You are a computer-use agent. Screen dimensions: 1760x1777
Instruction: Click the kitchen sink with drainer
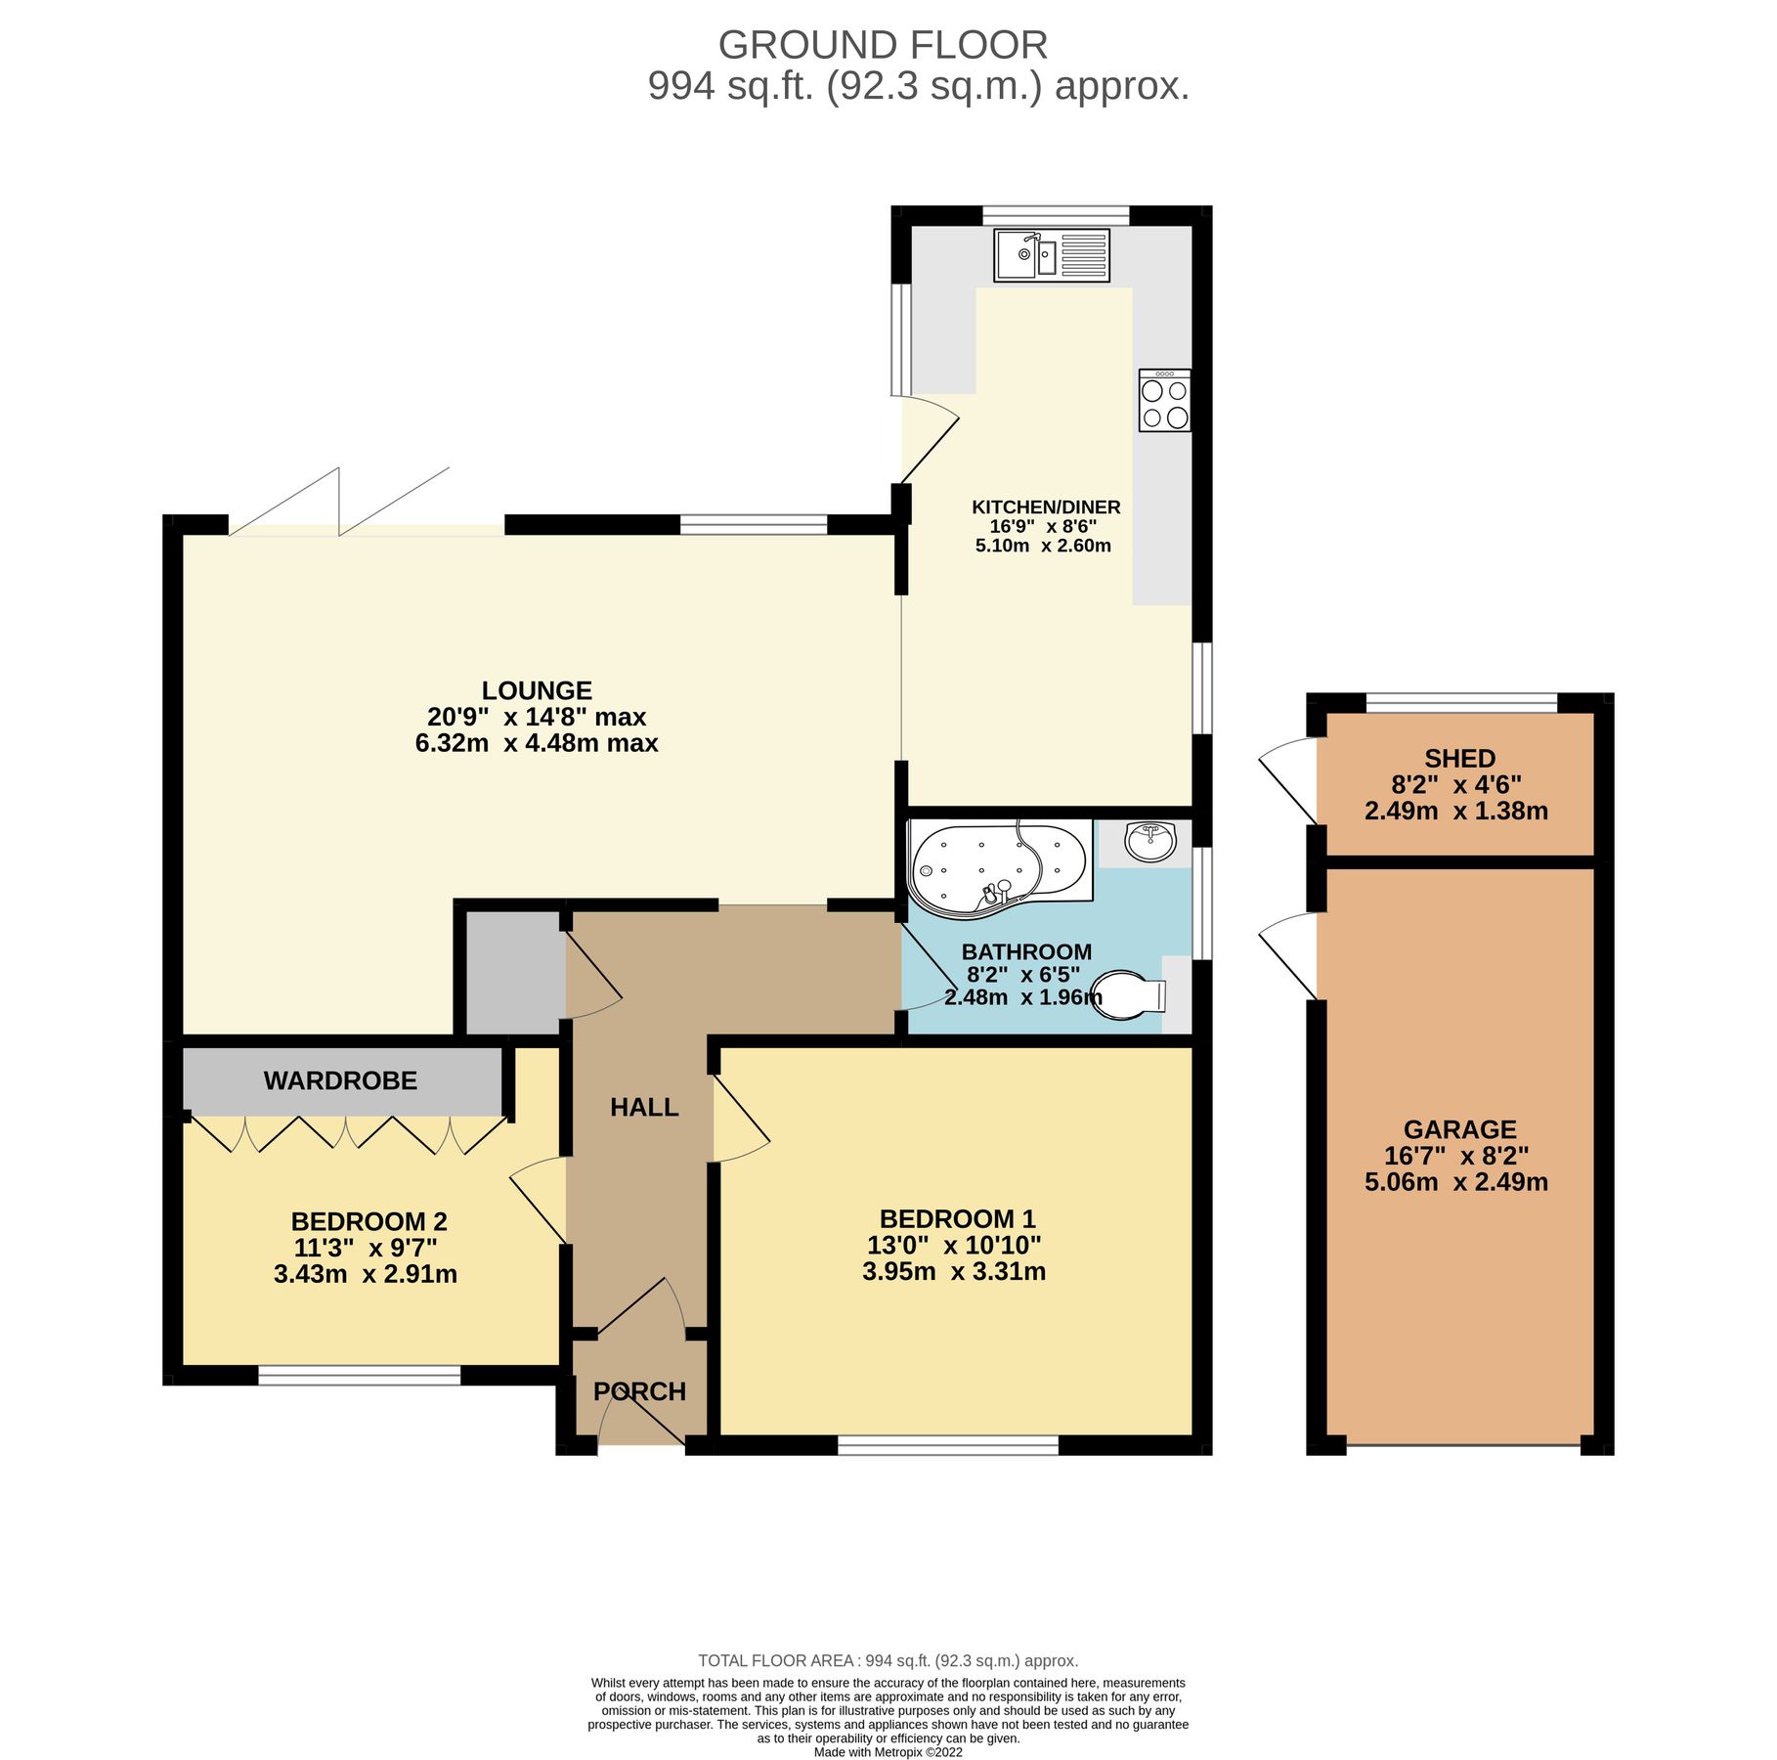coord(1052,255)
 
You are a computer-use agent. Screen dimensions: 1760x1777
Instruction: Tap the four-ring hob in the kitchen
coord(1164,401)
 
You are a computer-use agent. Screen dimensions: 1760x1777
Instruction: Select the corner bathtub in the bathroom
coord(997,866)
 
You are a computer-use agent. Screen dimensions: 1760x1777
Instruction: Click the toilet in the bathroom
coord(1129,995)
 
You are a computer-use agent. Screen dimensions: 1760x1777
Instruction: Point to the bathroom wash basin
coord(1149,842)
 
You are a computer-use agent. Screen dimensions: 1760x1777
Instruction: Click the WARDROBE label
coord(340,1080)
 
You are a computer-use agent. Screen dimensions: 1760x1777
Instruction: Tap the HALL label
coord(644,1107)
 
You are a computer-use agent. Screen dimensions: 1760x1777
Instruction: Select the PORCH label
coord(639,1390)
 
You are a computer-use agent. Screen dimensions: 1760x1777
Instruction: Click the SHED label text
coord(1459,758)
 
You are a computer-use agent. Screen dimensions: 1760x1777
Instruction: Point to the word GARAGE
coord(1459,1129)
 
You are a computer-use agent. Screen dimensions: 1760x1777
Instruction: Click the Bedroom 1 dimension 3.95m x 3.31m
coord(954,1271)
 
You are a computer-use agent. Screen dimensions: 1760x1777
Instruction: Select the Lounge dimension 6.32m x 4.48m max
coord(537,743)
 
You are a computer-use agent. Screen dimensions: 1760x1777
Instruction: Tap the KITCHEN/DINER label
coord(1045,507)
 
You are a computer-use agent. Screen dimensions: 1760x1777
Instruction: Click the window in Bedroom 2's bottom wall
coord(359,1376)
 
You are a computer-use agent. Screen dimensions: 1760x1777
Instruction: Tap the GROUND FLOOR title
coord(883,45)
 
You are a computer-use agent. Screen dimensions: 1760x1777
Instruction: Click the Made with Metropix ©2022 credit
coord(888,1752)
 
